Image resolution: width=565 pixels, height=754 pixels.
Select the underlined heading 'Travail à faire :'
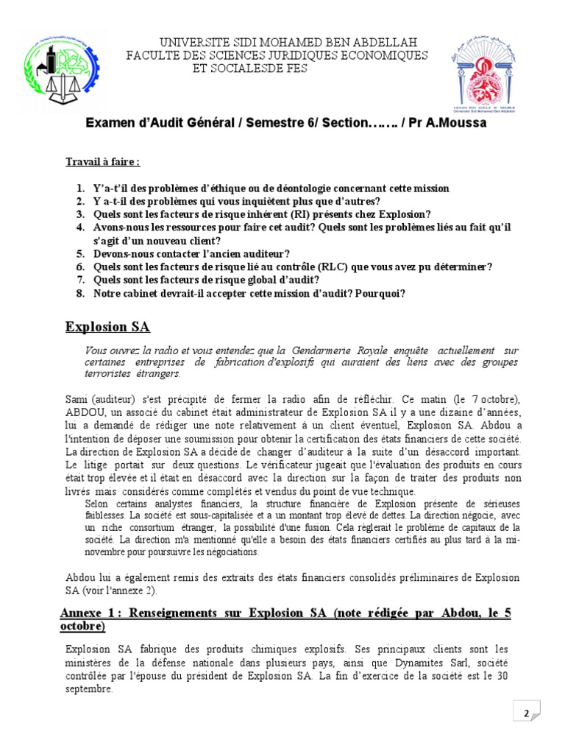coord(102,161)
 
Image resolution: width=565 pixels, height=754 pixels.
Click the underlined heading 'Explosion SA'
coord(107,326)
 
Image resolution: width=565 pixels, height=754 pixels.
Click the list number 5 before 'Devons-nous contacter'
coord(79,253)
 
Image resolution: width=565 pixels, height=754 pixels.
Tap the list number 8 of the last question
coord(79,293)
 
